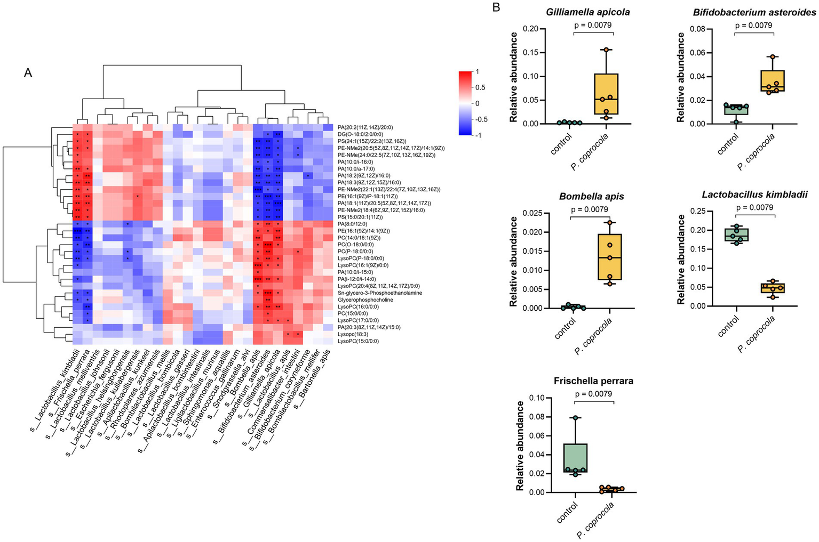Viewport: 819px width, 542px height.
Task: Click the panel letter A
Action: (x=28, y=72)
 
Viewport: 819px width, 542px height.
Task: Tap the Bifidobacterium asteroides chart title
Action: (x=754, y=12)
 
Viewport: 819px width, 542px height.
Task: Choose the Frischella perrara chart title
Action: (x=593, y=381)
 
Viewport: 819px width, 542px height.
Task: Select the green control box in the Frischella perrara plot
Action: (x=575, y=458)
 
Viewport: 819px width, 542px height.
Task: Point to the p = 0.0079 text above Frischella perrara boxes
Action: (x=594, y=394)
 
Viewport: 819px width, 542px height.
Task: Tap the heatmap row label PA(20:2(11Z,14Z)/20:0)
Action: (x=365, y=127)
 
